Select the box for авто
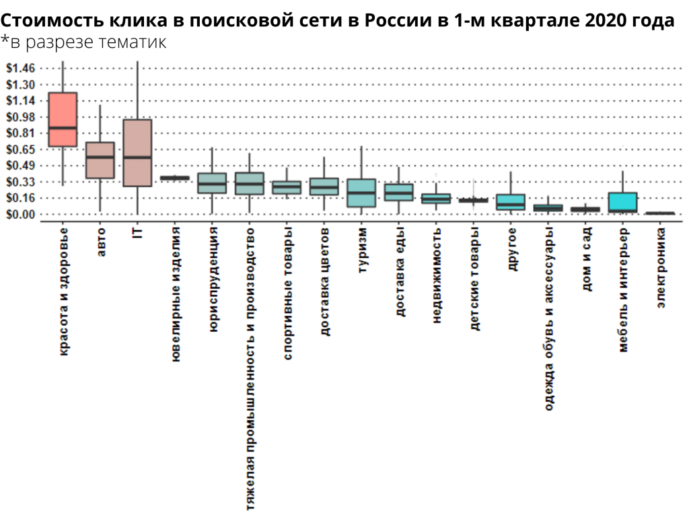[100, 160]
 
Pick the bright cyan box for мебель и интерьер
[622, 202]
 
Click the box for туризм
[361, 193]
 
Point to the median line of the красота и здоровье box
[63, 127]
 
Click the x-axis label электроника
[661, 267]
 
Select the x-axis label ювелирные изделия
[176, 294]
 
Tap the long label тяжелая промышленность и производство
[251, 368]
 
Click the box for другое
[511, 202]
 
